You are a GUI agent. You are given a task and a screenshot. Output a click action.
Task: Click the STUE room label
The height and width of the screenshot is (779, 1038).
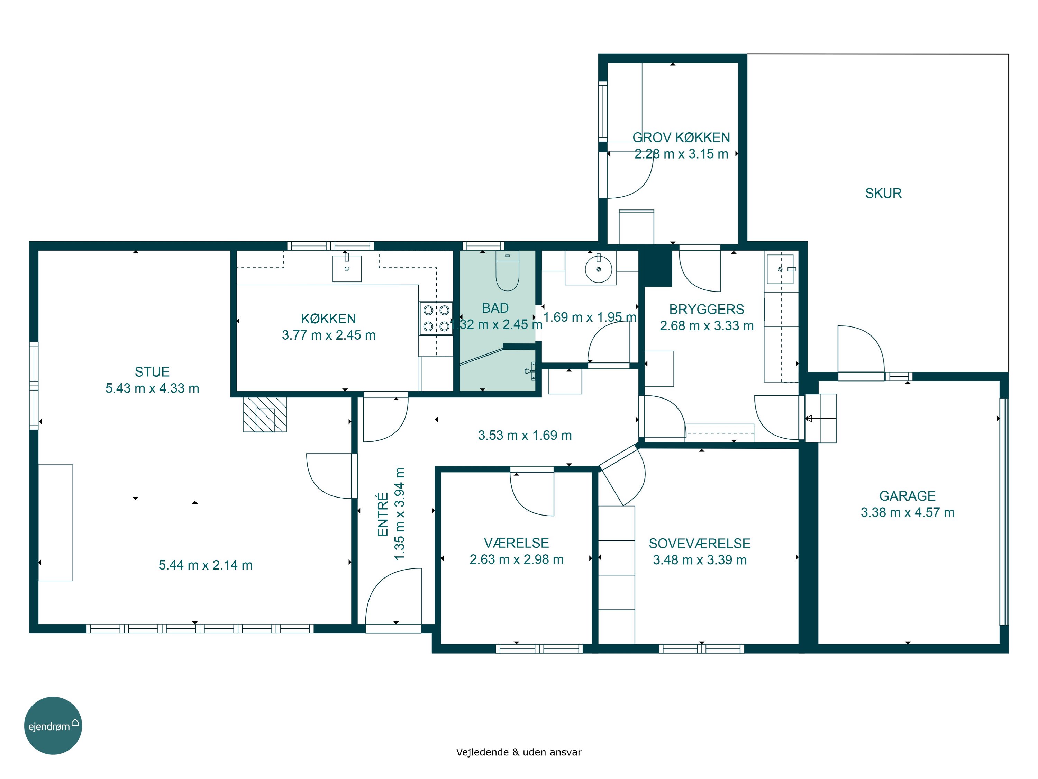click(x=152, y=372)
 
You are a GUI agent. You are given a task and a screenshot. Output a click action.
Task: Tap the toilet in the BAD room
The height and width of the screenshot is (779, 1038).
click(x=507, y=271)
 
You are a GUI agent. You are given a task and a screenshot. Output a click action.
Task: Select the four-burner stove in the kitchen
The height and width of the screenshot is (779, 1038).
click(x=436, y=318)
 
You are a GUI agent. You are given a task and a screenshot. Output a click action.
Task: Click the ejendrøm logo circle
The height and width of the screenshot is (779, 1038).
click(x=53, y=725)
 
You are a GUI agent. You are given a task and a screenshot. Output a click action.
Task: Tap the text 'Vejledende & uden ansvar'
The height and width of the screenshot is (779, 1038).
click(x=519, y=752)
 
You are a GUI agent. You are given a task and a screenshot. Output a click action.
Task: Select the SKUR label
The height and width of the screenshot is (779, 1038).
click(x=883, y=194)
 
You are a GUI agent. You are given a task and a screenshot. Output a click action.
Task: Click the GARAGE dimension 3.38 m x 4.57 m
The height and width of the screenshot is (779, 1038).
click(x=907, y=512)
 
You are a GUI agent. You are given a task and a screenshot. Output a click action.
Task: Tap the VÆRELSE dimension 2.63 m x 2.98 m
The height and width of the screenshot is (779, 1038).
click(x=516, y=559)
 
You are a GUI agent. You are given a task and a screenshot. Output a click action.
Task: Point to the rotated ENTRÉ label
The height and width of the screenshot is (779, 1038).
click(x=383, y=514)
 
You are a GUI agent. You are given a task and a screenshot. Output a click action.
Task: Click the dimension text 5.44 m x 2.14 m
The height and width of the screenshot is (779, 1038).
click(x=206, y=565)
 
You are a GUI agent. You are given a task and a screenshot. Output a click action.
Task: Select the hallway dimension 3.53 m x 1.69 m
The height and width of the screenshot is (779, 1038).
click(x=525, y=435)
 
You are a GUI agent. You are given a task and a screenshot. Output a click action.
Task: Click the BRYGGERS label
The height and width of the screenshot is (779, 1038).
click(x=706, y=310)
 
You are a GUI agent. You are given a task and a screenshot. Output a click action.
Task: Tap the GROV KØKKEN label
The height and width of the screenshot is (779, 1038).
click(x=681, y=137)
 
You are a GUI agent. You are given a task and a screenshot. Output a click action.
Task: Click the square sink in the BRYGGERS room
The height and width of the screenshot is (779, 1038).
click(x=780, y=269)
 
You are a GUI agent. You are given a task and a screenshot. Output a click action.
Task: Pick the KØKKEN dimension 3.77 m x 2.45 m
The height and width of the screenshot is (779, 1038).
click(x=328, y=335)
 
